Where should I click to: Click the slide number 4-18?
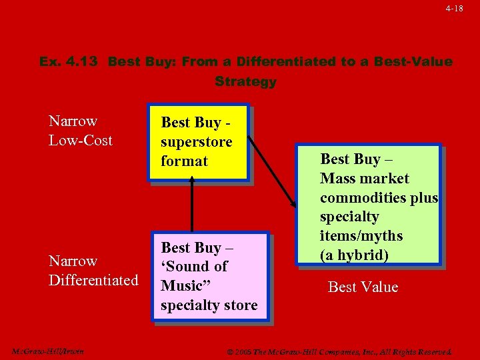point(454,8)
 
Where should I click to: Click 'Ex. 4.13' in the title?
point(69,62)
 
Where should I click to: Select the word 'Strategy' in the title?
point(245,82)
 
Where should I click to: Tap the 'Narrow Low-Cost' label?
point(81,131)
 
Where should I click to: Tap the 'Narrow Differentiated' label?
point(93,271)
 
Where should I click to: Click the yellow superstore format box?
point(198,142)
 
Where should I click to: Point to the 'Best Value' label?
point(363,287)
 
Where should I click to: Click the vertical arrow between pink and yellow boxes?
point(192,207)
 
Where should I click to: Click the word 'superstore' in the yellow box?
point(196,142)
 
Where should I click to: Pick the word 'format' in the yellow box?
point(184,161)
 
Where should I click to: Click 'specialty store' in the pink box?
point(209,305)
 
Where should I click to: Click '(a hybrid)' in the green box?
point(354,255)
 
